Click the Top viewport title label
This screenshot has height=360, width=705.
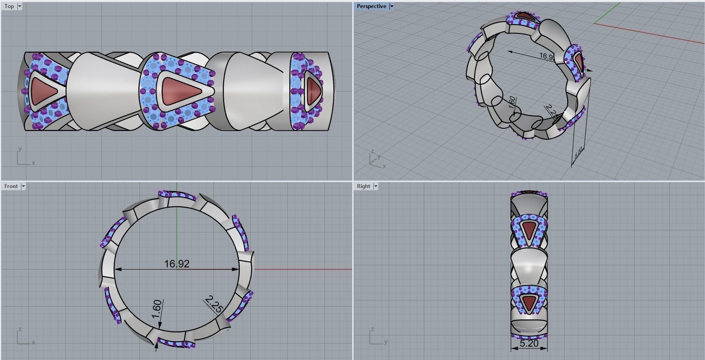click(9, 6)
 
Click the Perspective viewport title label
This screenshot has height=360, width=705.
click(371, 6)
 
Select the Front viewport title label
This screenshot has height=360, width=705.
click(11, 186)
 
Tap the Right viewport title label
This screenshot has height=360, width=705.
click(363, 186)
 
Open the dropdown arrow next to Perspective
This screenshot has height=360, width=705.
click(392, 6)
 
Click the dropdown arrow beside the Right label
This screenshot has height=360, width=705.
click(376, 186)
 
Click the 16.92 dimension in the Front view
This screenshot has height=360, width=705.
click(176, 264)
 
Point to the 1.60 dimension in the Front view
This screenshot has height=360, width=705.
click(156, 309)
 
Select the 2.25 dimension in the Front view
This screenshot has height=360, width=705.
click(214, 304)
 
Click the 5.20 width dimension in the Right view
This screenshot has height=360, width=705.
click(529, 344)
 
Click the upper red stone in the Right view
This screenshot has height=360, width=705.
click(529, 230)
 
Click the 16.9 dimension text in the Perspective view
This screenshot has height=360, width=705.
click(546, 56)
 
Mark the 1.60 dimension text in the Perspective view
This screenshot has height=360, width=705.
click(512, 101)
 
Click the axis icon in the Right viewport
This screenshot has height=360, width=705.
click(377, 337)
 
